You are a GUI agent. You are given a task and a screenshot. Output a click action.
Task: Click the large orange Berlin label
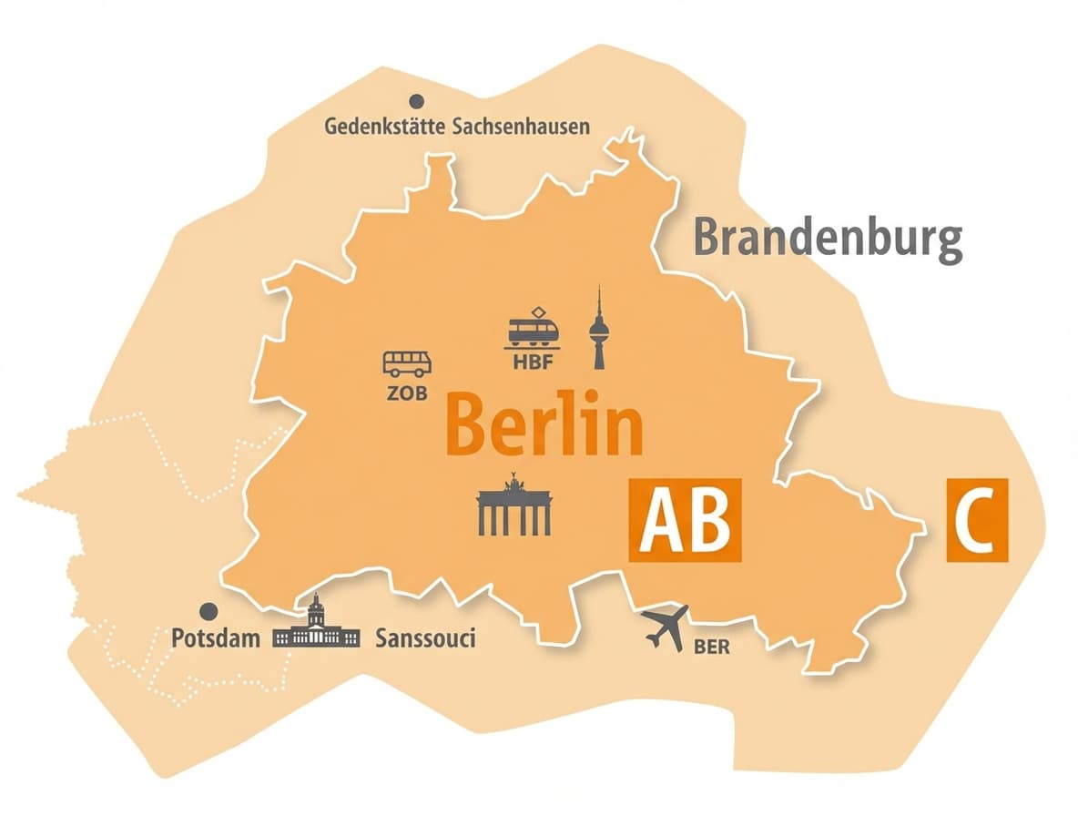click(x=545, y=423)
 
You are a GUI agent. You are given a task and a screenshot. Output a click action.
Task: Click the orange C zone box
click(x=977, y=519)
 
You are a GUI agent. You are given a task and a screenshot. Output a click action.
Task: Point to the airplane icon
click(x=665, y=627)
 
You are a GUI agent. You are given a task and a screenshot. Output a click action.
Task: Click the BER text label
click(x=711, y=648)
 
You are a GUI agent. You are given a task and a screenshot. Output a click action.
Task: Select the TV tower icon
click(x=598, y=330)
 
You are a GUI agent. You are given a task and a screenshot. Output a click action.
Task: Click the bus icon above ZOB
click(x=407, y=364)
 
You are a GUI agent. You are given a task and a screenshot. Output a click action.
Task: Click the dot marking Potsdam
click(x=209, y=610)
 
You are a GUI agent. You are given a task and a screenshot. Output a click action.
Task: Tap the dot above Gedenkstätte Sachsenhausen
click(x=417, y=101)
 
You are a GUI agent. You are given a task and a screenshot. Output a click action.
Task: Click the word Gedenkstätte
click(x=384, y=127)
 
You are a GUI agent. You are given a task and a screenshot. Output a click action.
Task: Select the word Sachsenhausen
click(x=520, y=127)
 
